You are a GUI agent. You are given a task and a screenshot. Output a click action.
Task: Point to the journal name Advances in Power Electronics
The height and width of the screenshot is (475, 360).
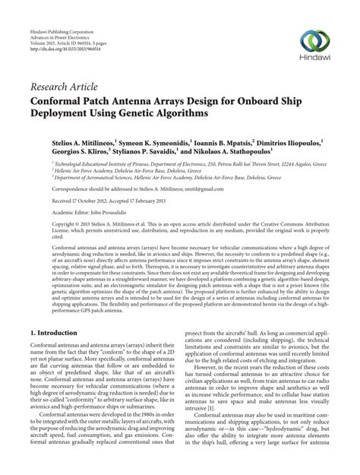(x=56, y=17)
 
